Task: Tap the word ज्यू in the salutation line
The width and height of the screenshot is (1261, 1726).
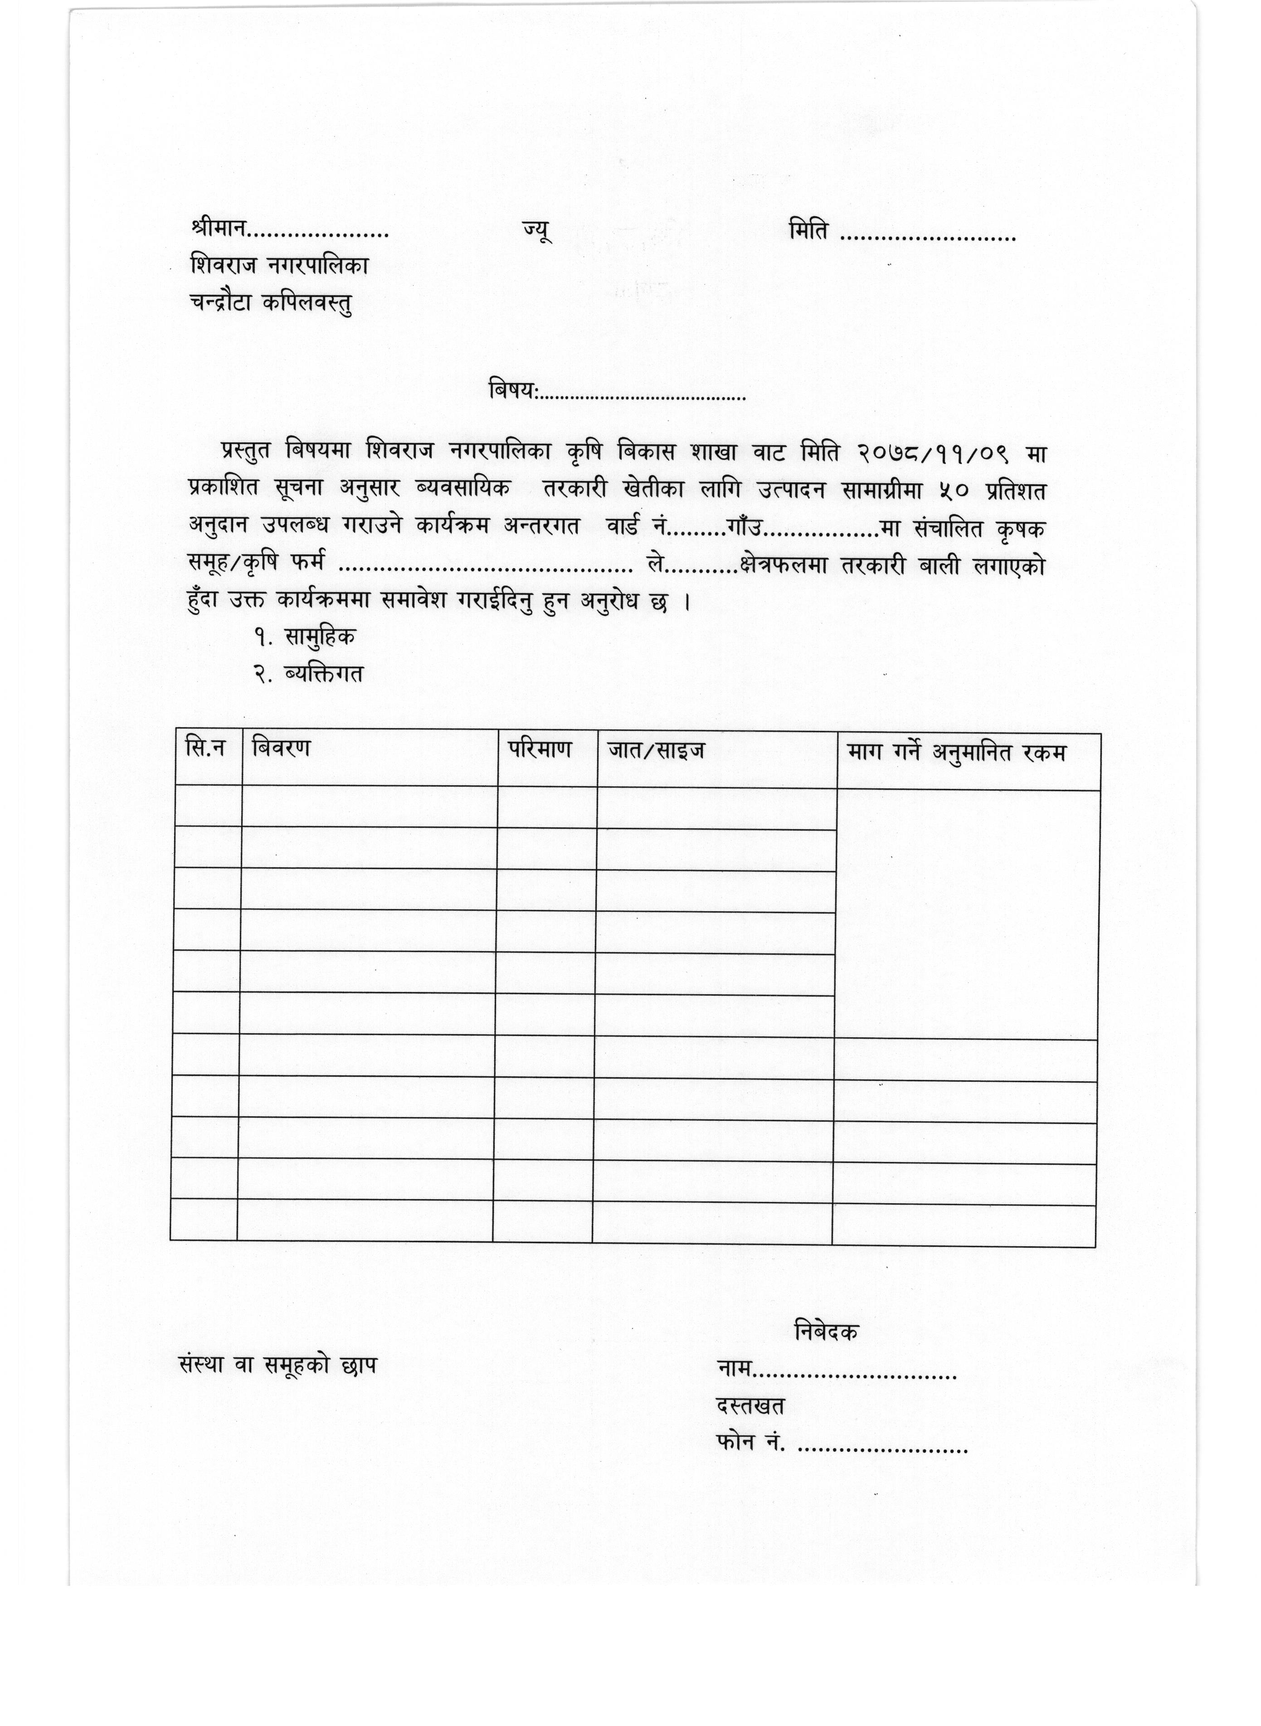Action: tap(536, 230)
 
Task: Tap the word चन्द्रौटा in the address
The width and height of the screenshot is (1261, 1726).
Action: tap(222, 303)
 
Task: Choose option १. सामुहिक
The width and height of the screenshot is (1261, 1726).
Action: tap(305, 637)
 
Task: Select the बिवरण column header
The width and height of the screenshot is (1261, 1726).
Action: tap(281, 747)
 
